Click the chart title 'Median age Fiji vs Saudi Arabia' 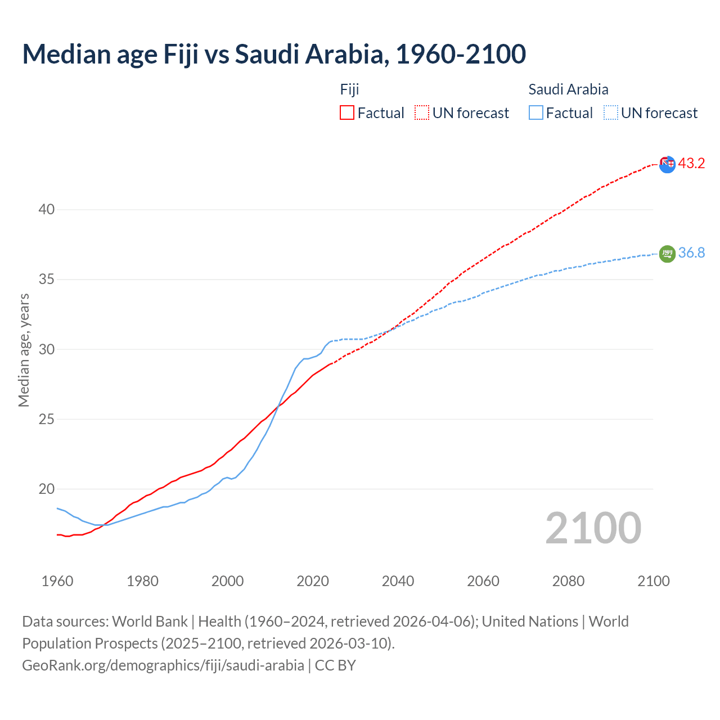(274, 54)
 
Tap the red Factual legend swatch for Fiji (347, 112)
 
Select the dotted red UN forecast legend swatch (422, 112)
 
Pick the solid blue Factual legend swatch (536, 112)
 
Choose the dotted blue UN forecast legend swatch (610, 112)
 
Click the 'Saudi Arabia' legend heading (568, 89)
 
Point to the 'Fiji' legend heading (349, 89)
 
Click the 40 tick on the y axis (46, 209)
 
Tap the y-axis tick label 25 (46, 419)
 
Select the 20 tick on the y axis (46, 489)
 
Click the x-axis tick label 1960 (57, 581)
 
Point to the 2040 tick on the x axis (398, 581)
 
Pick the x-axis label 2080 (568, 581)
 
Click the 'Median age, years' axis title (24, 349)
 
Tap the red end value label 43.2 (691, 163)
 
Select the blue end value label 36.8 (691, 253)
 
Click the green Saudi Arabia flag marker (667, 254)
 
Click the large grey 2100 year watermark (593, 528)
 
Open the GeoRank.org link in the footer (163, 665)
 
